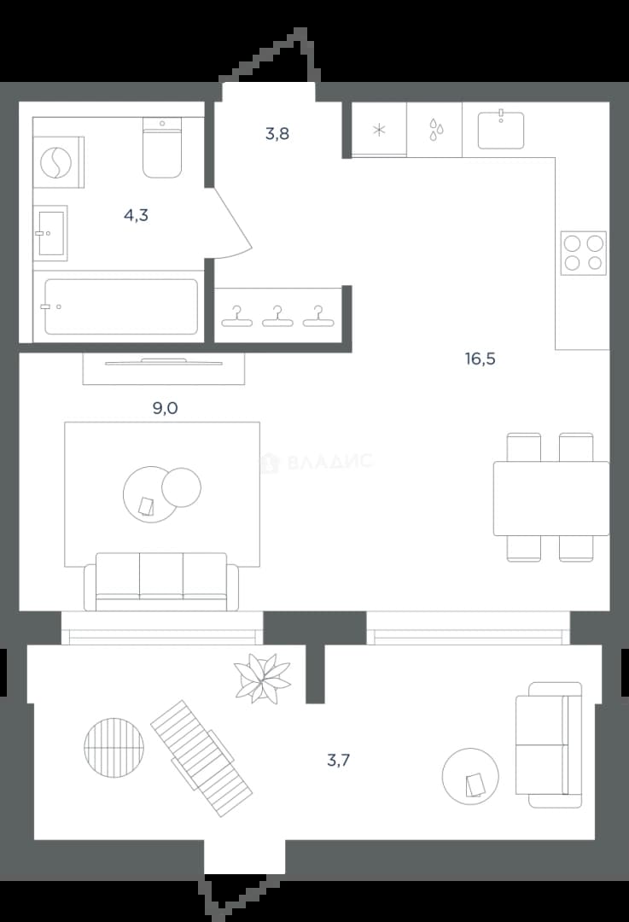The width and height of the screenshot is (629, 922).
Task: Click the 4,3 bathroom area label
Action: pyautogui.click(x=136, y=216)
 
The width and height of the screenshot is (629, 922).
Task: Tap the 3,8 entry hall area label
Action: pyautogui.click(x=277, y=134)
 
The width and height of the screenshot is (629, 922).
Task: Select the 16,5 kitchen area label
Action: pyautogui.click(x=480, y=359)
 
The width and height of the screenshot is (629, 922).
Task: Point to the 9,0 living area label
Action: pyautogui.click(x=166, y=408)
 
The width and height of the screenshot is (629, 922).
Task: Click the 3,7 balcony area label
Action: pyautogui.click(x=339, y=761)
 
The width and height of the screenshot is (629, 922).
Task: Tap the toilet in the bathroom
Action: pyautogui.click(x=162, y=148)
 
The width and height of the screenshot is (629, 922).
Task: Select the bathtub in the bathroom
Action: pyautogui.click(x=121, y=306)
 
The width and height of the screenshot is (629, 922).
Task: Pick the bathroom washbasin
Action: pyautogui.click(x=50, y=233)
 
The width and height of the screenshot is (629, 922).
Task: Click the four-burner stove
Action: pyautogui.click(x=583, y=254)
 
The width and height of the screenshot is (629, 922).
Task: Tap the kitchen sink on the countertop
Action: pyautogui.click(x=501, y=130)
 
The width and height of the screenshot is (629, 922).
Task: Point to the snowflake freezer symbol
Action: pyautogui.click(x=380, y=130)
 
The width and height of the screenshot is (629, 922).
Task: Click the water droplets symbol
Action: pyautogui.click(x=435, y=130)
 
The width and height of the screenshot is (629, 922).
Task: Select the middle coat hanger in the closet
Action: pyautogui.click(x=277, y=317)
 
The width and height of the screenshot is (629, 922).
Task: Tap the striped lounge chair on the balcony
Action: pyautogui.click(x=201, y=758)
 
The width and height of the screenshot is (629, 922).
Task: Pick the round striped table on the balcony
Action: pyautogui.click(x=114, y=747)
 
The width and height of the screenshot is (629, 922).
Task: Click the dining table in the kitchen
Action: pyautogui.click(x=551, y=499)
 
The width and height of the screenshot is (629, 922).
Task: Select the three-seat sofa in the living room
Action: pyautogui.click(x=161, y=581)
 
